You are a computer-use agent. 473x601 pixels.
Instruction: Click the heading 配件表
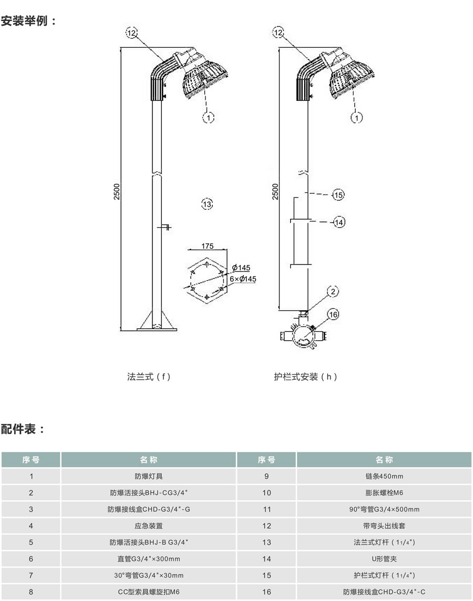(x=23, y=429)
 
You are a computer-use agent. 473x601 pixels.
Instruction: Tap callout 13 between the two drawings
(x=207, y=204)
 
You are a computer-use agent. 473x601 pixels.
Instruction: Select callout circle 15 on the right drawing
(x=338, y=195)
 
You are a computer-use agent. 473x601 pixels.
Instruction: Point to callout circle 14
(x=339, y=222)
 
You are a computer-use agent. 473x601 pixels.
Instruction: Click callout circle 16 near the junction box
(x=333, y=314)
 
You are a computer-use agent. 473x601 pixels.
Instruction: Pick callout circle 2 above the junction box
(x=333, y=291)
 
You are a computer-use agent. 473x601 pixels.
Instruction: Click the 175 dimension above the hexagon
(x=207, y=246)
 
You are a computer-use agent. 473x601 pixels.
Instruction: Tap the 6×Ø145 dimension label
(x=243, y=279)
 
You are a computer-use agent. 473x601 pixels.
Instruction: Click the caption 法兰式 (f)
(x=149, y=376)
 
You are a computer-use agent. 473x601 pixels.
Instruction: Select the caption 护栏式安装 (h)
(x=306, y=376)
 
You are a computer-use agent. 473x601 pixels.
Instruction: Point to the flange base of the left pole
(x=156, y=326)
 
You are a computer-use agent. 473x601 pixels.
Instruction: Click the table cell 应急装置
(x=149, y=525)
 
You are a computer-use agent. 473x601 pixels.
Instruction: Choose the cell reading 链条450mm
(x=384, y=476)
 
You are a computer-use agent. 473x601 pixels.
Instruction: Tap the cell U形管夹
(x=384, y=559)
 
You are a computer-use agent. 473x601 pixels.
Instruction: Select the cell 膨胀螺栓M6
(x=384, y=493)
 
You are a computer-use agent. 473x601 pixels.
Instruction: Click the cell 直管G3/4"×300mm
(x=149, y=559)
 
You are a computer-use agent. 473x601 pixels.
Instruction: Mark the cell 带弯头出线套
(x=384, y=525)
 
